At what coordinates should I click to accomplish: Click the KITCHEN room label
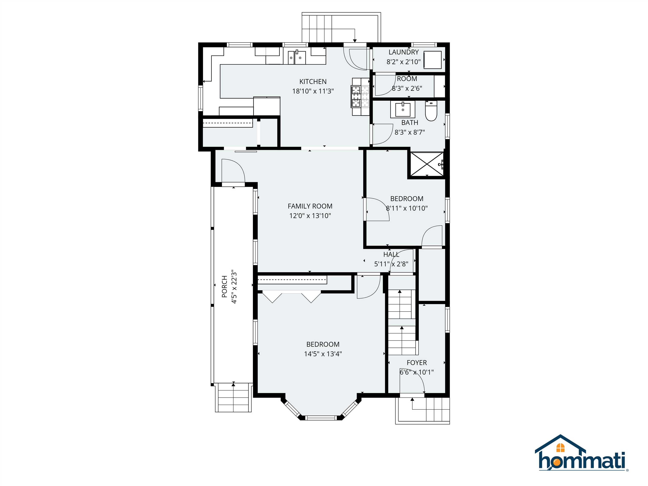pyautogui.click(x=313, y=82)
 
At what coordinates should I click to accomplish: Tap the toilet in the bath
pyautogui.click(x=431, y=112)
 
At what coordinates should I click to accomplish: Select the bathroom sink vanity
pyautogui.click(x=402, y=109)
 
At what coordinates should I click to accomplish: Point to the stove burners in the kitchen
pyautogui.click(x=360, y=96)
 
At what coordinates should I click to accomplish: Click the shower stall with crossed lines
pyautogui.click(x=427, y=164)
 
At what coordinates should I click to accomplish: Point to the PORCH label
pyautogui.click(x=224, y=286)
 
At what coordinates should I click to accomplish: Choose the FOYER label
pyautogui.click(x=417, y=363)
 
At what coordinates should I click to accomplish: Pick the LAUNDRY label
pyautogui.click(x=403, y=52)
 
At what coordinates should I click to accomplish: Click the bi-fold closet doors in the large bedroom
pyautogui.click(x=292, y=296)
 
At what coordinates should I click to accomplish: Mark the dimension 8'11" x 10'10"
pyautogui.click(x=407, y=208)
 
